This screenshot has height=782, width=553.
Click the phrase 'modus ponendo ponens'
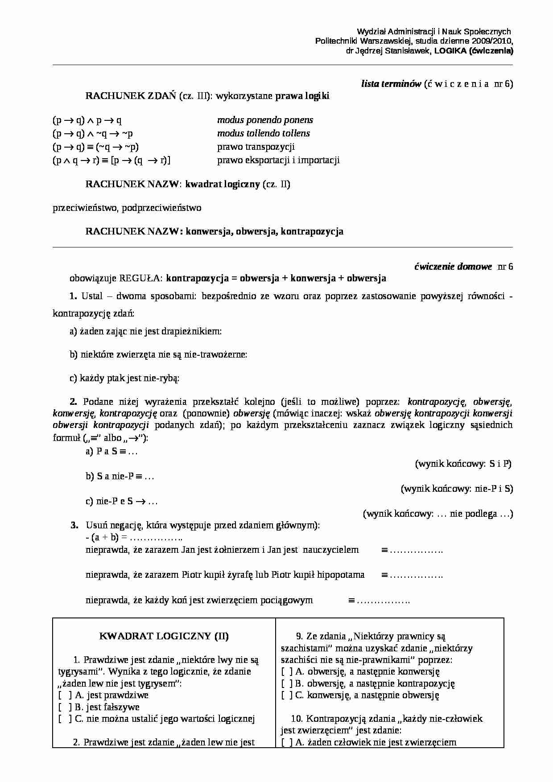click(265, 120)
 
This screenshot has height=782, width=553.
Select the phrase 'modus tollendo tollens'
click(263, 133)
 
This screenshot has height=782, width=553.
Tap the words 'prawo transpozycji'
click(256, 147)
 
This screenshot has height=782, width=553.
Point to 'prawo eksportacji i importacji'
click(278, 160)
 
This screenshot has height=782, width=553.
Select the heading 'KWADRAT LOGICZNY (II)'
click(164, 636)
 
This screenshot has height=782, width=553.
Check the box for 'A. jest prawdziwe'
click(65, 695)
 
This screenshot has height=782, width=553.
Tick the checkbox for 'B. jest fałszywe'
click(65, 707)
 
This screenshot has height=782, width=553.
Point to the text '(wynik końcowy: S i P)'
click(463, 464)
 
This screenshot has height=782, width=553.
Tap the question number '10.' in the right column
click(297, 719)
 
